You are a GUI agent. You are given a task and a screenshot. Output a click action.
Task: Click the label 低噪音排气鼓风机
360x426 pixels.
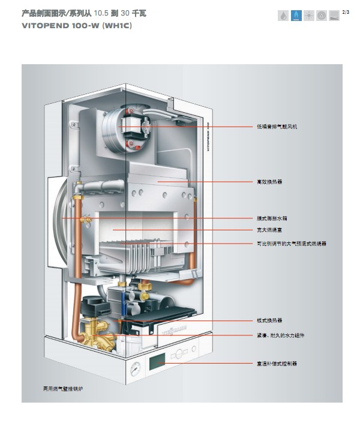[277, 127]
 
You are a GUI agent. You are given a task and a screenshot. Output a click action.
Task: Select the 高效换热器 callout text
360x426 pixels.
[269, 181]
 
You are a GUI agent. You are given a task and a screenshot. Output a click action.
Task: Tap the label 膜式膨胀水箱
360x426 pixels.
[271, 218]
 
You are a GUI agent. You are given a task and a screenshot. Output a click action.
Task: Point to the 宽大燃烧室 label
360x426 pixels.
[269, 230]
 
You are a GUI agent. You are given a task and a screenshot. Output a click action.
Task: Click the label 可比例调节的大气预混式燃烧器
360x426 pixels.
[291, 244]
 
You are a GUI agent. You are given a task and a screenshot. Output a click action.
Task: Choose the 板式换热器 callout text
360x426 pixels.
[269, 321]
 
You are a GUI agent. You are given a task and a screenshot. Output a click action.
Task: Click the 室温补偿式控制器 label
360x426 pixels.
[277, 364]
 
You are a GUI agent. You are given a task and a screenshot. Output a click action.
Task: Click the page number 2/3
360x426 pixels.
[346, 13]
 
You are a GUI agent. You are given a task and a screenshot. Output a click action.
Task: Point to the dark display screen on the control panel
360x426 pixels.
[157, 362]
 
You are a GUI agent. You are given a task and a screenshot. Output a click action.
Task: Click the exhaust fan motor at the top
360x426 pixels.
[131, 127]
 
